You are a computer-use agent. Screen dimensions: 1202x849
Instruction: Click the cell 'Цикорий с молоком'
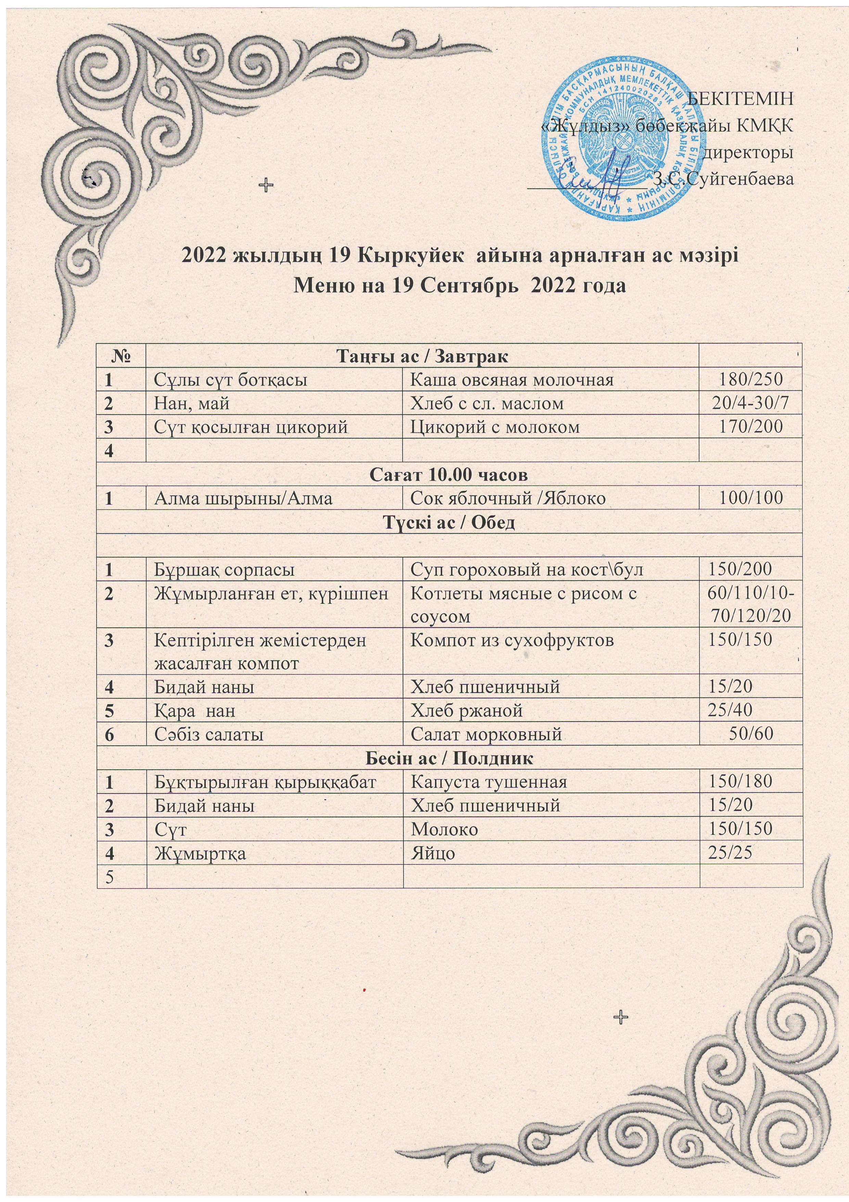coord(495,427)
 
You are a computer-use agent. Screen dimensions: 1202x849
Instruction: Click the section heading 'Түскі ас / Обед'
coord(449,522)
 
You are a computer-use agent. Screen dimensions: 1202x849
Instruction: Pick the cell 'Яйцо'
coord(433,853)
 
